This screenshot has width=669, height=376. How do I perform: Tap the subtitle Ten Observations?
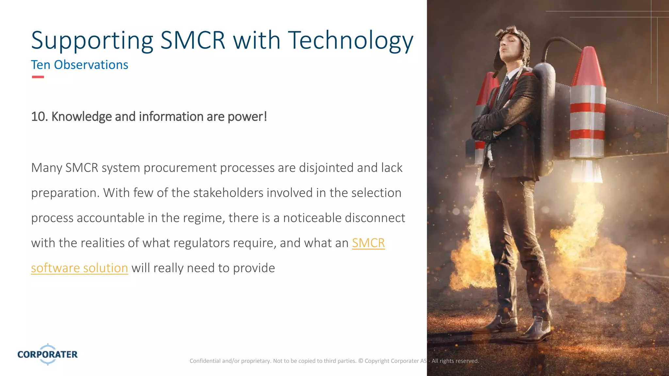(79, 65)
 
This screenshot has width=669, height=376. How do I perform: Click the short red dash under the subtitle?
(38, 77)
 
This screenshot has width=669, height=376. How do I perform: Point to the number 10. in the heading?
(40, 117)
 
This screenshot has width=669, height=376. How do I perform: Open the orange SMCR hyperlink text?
(368, 243)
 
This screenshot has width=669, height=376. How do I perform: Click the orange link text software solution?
(79, 268)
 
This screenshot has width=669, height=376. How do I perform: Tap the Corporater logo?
(48, 354)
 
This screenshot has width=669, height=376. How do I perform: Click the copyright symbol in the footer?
(361, 361)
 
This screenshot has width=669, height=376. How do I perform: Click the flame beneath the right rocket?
(585, 235)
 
